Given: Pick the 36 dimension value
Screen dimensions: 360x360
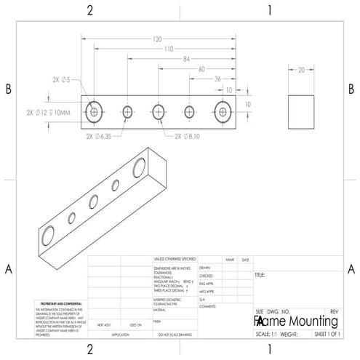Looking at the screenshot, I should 217,79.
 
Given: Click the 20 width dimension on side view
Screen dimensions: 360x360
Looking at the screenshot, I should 301,71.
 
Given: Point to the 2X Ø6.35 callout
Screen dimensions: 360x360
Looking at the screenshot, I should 100,135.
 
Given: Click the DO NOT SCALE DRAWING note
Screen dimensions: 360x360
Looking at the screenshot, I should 175,334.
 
